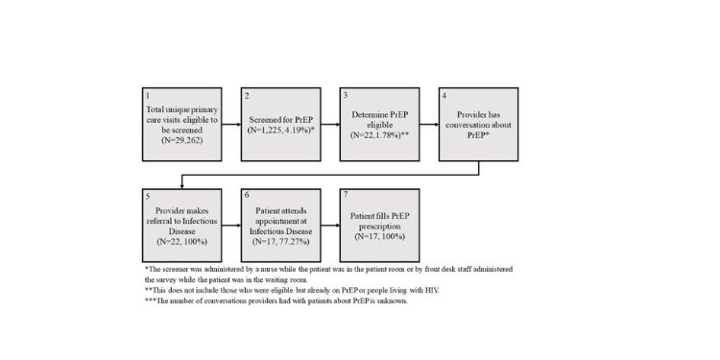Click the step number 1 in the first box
click(x=146, y=97)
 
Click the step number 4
click(x=444, y=97)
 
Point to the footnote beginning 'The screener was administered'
click(x=326, y=275)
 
